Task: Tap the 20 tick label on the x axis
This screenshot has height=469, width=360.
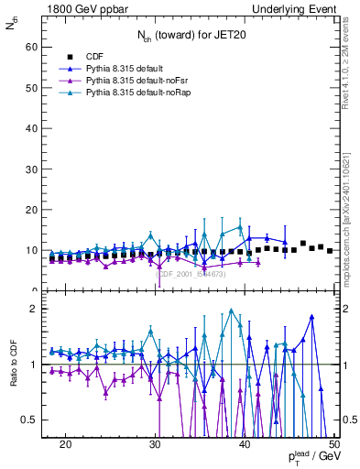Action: (x=65, y=443)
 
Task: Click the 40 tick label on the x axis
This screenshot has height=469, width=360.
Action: (x=245, y=443)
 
